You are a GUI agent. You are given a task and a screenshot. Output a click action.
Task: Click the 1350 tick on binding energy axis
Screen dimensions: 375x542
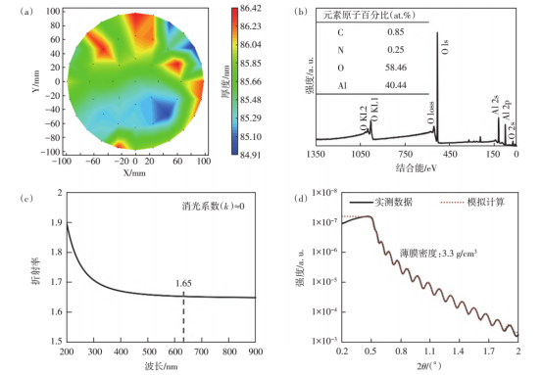(316, 156)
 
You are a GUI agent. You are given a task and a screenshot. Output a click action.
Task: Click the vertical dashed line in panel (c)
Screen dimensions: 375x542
(182, 313)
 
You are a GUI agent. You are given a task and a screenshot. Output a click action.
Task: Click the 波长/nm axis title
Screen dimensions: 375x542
(159, 365)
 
